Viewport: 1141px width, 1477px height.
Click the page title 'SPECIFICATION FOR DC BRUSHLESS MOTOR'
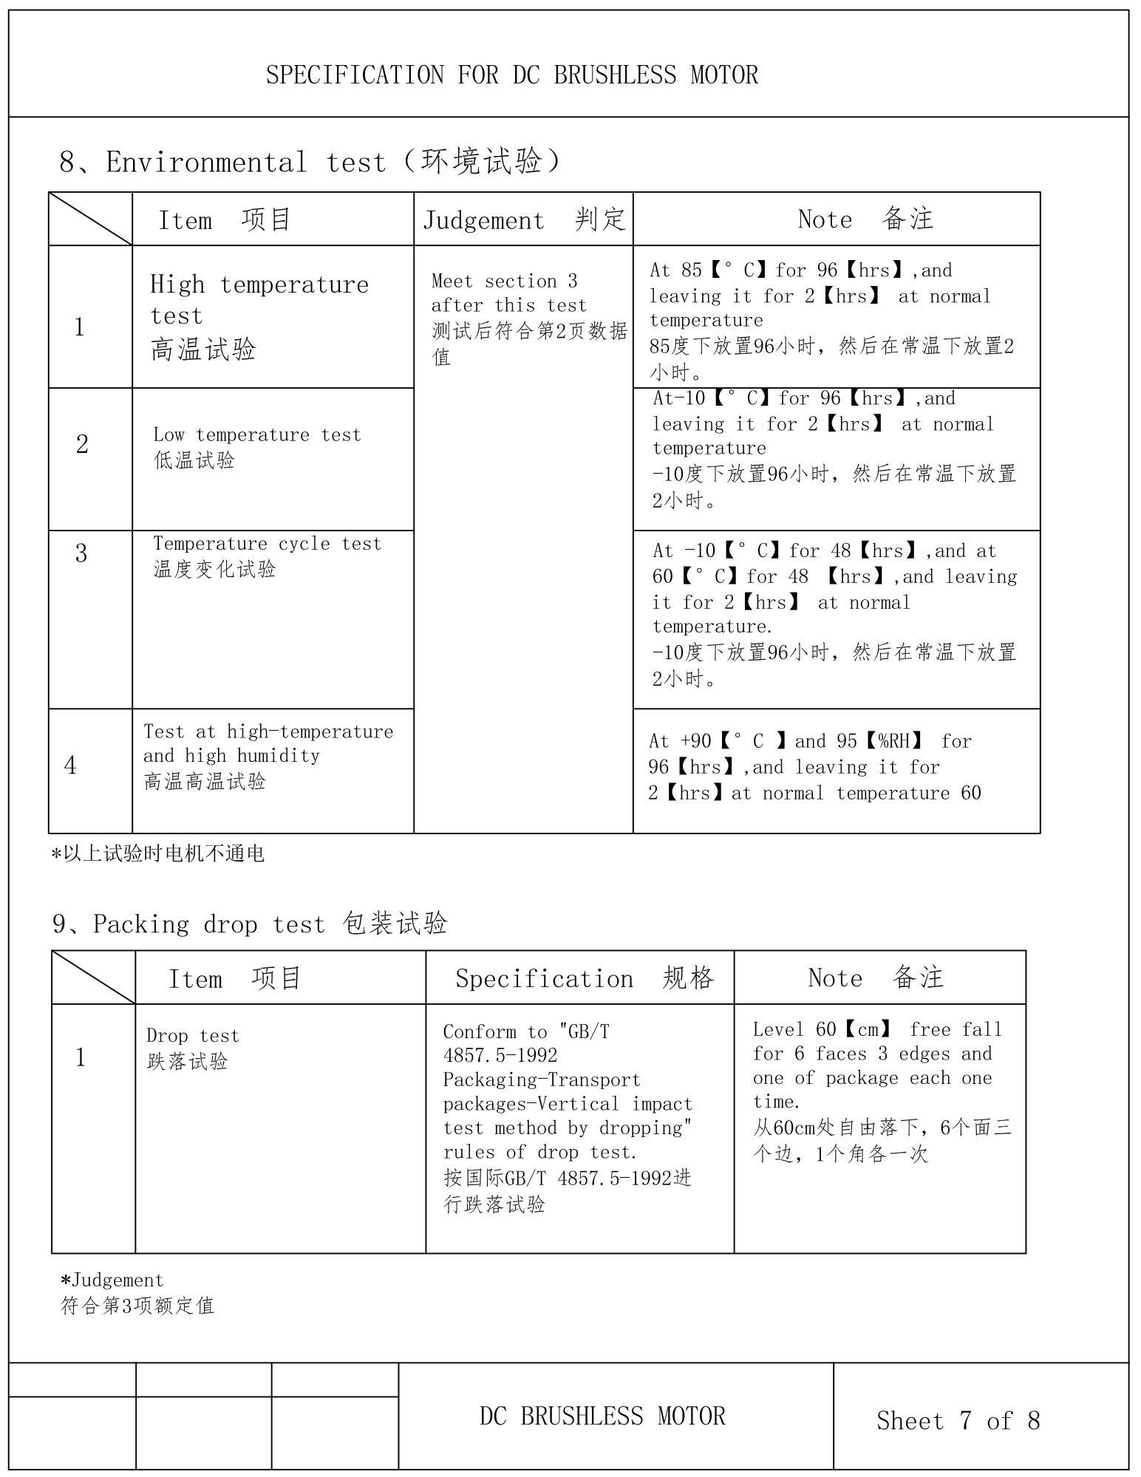tap(511, 75)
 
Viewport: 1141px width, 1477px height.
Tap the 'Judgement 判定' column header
tap(523, 219)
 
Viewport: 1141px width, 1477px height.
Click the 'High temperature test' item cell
tap(259, 316)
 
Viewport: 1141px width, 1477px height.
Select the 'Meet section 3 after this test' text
tap(510, 293)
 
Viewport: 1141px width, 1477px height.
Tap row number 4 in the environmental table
tap(70, 765)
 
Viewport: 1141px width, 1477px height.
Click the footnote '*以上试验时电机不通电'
tap(157, 854)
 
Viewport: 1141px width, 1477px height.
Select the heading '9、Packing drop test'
tap(250, 924)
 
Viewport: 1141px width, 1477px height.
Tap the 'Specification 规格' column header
tap(584, 978)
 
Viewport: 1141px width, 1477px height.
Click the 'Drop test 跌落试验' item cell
tap(192, 1048)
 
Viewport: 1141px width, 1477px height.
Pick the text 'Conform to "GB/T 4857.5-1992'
tap(526, 1043)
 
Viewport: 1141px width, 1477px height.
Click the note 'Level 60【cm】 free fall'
tap(876, 1029)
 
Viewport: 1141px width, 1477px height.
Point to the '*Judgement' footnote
tap(112, 1280)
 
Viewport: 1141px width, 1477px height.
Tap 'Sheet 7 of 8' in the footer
tap(958, 1420)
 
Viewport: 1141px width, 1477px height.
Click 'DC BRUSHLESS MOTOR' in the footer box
tap(602, 1416)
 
